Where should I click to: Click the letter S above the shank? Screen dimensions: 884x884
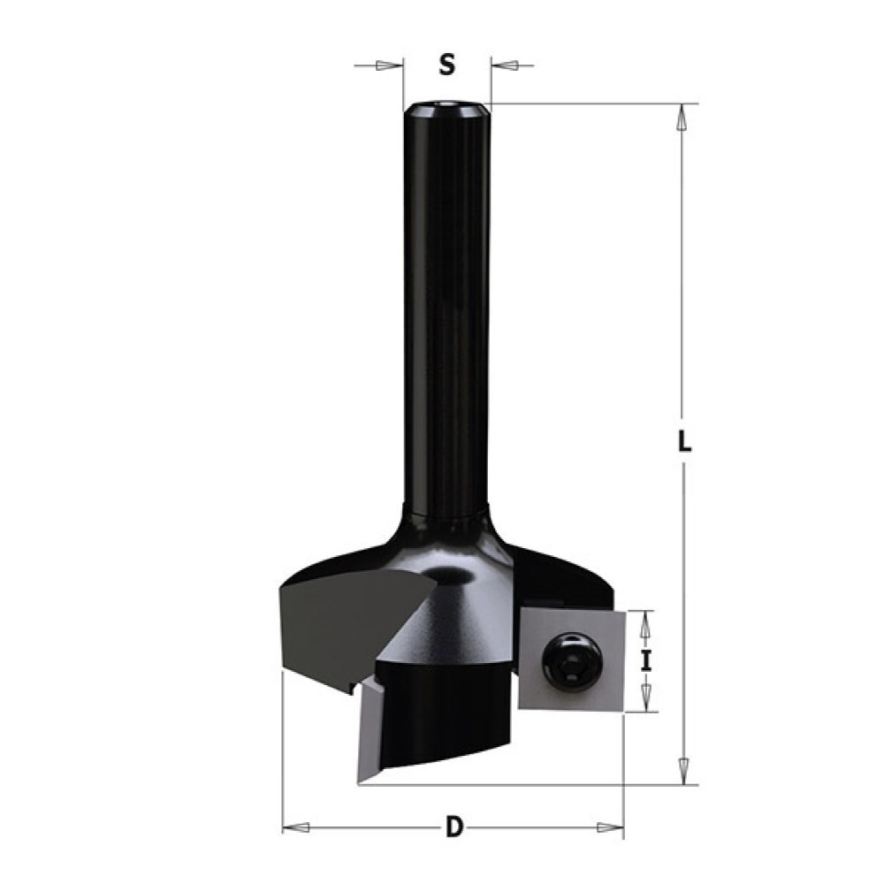pyautogui.click(x=447, y=65)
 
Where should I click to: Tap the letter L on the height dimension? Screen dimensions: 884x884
pyautogui.click(x=683, y=442)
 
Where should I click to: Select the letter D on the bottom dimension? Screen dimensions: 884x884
pyautogui.click(x=453, y=827)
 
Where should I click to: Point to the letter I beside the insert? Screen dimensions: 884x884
pyautogui.click(x=646, y=660)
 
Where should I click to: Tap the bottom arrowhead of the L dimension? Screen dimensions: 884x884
pyautogui.click(x=682, y=770)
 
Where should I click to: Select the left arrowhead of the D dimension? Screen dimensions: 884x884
pyautogui.click(x=298, y=827)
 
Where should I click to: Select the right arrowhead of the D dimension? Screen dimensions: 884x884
pyautogui.click(x=609, y=827)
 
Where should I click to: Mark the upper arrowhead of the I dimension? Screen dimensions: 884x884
pyautogui.click(x=646, y=622)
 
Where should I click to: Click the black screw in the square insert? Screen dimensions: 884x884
pyautogui.click(x=569, y=659)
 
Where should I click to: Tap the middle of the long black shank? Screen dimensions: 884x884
pyautogui.click(x=446, y=309)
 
